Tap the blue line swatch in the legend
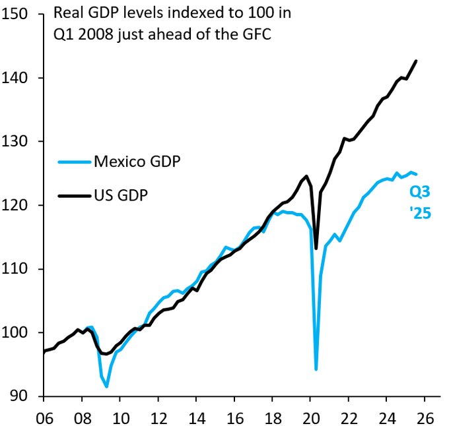[75, 162]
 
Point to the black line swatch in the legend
[75, 196]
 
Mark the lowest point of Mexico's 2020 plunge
[316, 369]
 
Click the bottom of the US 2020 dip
[316, 248]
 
